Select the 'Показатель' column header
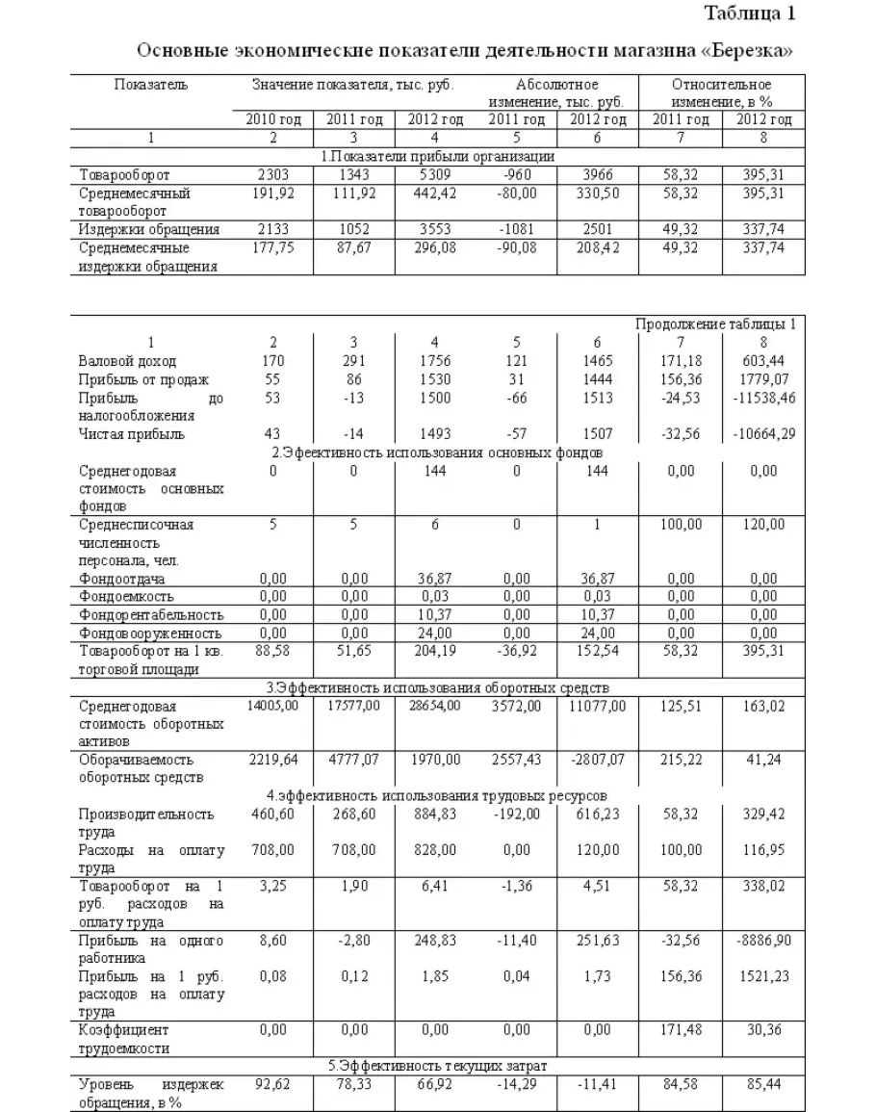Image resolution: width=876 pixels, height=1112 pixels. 151,85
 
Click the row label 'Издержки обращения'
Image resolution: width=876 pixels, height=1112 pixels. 148,229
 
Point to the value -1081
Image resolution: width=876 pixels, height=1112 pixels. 516,229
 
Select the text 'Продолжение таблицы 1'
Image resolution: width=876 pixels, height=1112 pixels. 715,323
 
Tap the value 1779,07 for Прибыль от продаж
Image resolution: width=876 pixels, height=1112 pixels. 763,379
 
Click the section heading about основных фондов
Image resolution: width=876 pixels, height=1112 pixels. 437,453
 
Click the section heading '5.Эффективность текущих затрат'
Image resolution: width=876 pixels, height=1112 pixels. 437,1066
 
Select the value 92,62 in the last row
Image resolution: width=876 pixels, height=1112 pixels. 272,1084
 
